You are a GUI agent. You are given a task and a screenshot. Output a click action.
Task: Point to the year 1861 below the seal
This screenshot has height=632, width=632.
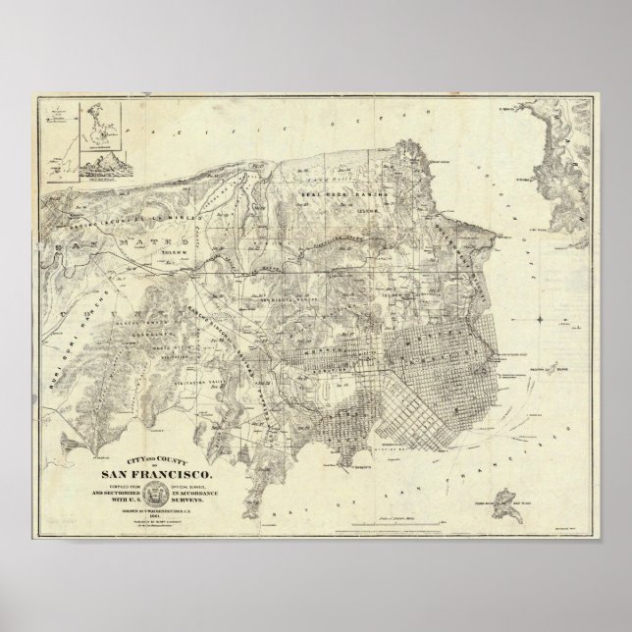coord(183,507)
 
